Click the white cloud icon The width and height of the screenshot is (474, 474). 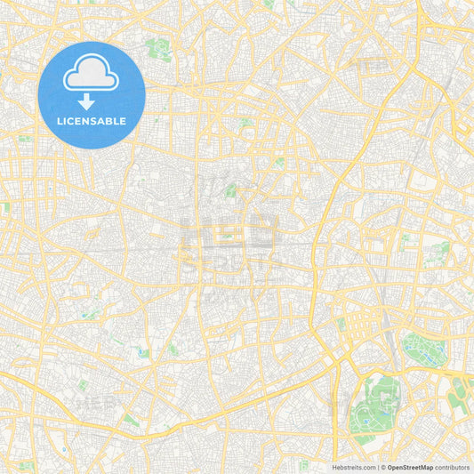point(92,72)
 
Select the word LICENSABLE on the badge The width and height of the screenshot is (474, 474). point(92,121)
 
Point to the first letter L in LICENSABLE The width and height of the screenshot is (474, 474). point(60,121)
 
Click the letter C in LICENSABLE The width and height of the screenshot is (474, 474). point(72,121)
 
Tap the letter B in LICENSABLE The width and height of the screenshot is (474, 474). point(109,121)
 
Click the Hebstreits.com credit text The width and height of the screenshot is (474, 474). point(349,466)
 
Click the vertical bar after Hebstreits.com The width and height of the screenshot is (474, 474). point(376,466)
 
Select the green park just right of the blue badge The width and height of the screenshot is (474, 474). point(160,49)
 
